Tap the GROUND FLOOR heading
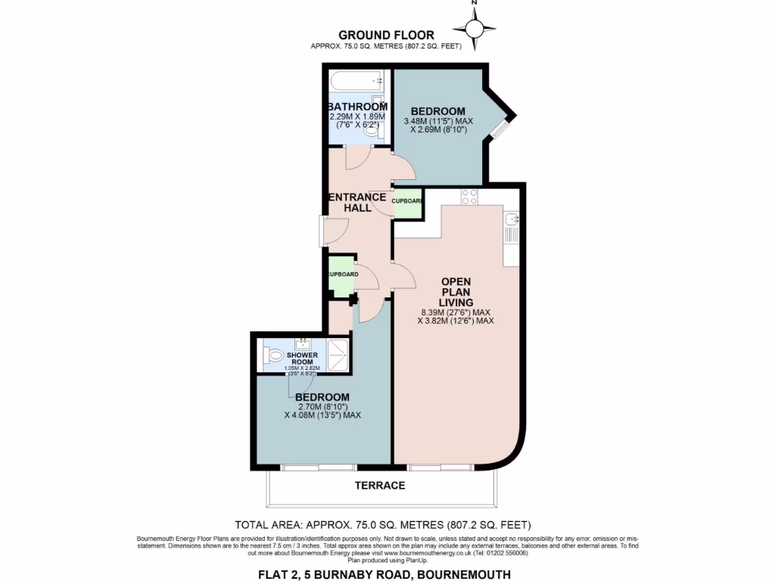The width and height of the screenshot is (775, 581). pos(386,35)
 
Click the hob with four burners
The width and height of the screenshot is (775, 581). pos(469,197)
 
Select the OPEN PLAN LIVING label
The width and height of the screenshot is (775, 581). pos(456,291)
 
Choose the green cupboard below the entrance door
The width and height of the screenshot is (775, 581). pos(341,275)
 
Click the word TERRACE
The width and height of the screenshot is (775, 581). pos(381,485)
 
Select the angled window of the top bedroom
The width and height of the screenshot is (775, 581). pos(501,127)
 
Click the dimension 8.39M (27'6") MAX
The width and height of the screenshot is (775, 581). pos(456,312)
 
